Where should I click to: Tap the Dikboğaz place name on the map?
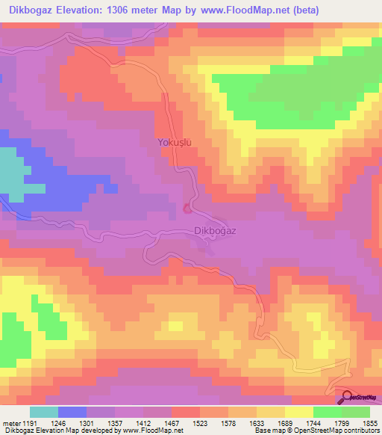pos(215,231)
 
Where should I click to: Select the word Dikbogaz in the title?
pos(33,10)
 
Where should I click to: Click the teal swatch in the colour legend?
pos(44,412)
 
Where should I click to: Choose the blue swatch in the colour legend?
pos(72,412)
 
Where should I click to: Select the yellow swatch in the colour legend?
pos(298,412)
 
